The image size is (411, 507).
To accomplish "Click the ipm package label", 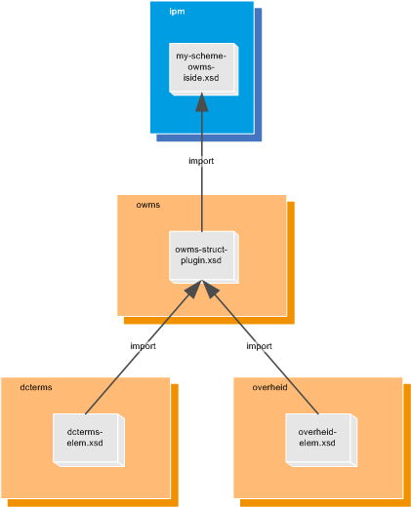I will coord(177,12).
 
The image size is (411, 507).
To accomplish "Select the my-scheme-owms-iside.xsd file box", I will coord(201,68).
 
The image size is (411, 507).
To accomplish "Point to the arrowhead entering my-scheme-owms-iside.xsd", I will coord(201,103).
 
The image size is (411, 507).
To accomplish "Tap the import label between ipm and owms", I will coord(201,161).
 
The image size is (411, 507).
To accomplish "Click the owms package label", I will coord(147,205).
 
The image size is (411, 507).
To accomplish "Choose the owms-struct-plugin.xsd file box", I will coord(201,255).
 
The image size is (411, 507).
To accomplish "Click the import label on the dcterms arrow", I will coord(143,346).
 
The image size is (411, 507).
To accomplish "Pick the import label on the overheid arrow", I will coord(259,346).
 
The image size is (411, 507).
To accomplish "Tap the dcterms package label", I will coord(36,387).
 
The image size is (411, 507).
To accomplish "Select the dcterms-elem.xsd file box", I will coord(85,438).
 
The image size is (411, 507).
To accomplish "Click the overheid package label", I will coord(269,387).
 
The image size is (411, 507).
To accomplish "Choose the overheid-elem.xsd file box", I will coord(317,438).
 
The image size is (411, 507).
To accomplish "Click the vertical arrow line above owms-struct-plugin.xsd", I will coord(201,195).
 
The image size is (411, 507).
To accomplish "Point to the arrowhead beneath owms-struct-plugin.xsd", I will coord(201,290).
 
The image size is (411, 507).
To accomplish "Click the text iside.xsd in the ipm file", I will coord(201,78).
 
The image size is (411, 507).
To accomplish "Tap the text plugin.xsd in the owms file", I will coord(201,260).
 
